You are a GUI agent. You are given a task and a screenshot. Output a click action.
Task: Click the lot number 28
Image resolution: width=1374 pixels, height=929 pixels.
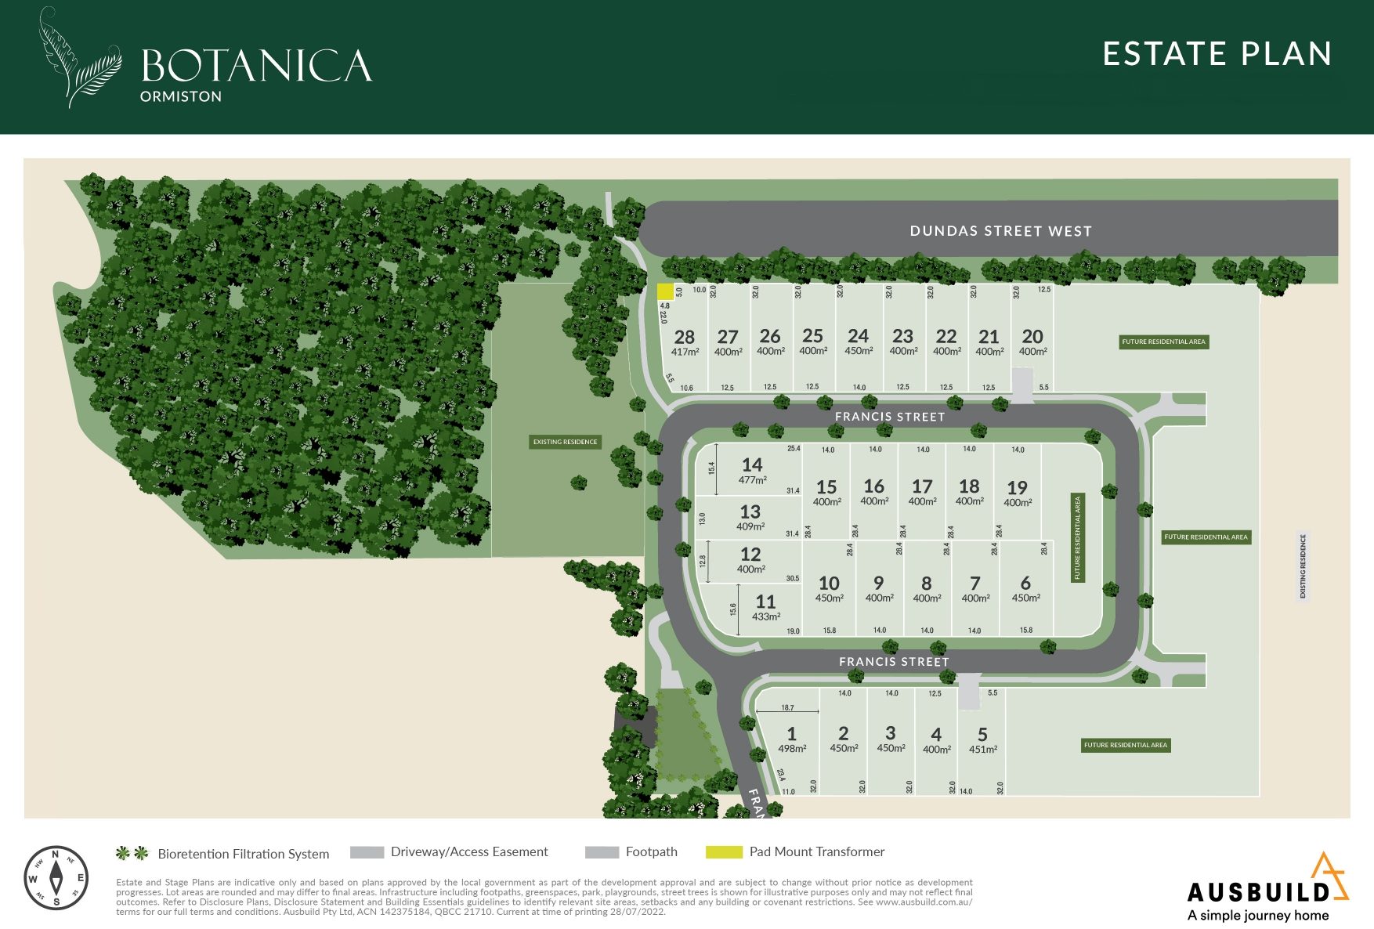(684, 337)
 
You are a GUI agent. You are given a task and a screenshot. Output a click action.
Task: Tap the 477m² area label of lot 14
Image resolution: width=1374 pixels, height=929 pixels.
(752, 480)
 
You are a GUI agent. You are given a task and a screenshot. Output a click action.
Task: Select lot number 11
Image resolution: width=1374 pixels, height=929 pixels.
(765, 602)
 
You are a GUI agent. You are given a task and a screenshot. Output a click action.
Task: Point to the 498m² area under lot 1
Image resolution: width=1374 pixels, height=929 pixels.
(792, 749)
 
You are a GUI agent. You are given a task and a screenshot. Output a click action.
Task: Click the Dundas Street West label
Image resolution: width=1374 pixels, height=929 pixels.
(1000, 231)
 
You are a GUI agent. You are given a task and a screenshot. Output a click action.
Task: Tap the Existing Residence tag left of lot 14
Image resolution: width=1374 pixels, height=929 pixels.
(565, 442)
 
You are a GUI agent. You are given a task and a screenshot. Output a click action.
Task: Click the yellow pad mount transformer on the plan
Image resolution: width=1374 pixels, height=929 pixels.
(665, 291)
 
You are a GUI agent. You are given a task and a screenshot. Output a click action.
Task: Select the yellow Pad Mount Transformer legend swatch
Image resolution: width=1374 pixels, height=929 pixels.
(724, 852)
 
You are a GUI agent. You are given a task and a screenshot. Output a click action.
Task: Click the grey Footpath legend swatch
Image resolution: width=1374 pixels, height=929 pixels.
(602, 852)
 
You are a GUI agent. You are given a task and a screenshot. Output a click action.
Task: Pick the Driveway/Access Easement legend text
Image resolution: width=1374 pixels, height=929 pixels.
(469, 851)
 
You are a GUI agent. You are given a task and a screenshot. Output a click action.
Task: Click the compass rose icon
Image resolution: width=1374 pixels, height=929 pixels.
(56, 878)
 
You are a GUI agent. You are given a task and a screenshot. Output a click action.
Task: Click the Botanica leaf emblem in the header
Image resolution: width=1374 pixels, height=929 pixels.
(78, 57)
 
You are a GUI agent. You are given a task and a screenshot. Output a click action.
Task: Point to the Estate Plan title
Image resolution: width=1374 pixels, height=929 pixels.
(1217, 54)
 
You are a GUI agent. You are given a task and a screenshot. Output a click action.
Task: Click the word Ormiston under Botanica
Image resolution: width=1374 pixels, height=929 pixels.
(181, 96)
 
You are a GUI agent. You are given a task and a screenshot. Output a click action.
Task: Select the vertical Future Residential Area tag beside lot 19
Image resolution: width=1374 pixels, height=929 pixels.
(1077, 537)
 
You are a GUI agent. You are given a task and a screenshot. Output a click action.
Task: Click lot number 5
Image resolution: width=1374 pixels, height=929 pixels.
(982, 735)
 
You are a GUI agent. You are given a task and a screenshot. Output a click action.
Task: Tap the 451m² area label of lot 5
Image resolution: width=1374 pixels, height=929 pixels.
(983, 750)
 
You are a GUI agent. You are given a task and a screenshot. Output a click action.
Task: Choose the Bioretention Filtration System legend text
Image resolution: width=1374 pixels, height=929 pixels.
(243, 854)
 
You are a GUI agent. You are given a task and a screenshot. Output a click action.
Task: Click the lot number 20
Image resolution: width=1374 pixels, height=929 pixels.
(1032, 337)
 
